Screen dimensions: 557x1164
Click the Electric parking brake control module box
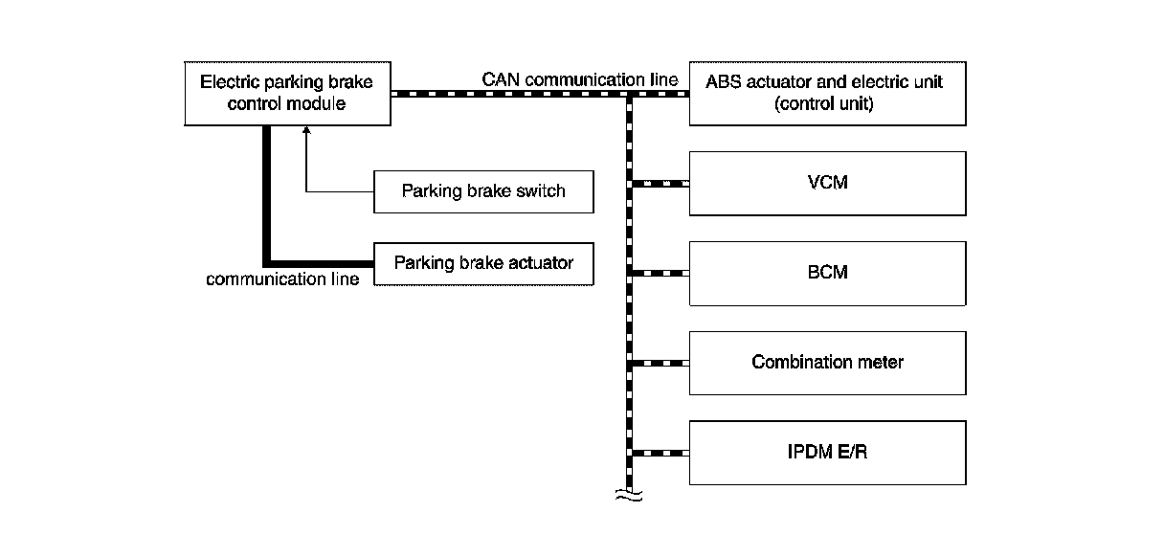point(286,93)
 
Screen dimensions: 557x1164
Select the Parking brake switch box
point(483,191)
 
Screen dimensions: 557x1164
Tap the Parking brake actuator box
point(483,262)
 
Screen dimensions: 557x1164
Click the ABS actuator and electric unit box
point(827,93)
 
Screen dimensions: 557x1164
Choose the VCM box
point(827,183)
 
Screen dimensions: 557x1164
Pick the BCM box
point(827,273)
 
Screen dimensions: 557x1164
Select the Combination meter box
point(827,363)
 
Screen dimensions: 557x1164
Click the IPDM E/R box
point(827,452)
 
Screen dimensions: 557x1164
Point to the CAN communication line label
point(580,79)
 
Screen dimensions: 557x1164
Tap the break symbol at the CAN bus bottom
point(629,495)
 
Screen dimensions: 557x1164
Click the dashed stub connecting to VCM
point(659,183)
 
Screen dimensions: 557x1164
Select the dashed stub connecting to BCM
point(659,273)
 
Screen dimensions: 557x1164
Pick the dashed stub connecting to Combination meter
point(659,363)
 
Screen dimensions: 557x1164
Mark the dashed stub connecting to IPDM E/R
point(659,452)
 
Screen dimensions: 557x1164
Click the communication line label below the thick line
point(283,279)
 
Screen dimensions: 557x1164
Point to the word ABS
point(724,82)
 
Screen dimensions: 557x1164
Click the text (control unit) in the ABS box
point(823,104)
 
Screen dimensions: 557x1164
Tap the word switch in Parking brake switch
point(541,191)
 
